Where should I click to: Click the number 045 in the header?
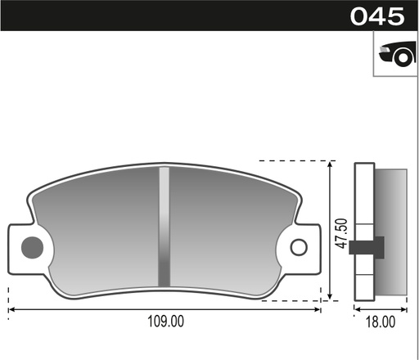tap(377, 16)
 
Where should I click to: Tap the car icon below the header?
tap(396, 54)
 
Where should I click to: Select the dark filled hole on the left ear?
tap(32, 245)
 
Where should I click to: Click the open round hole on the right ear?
tap(298, 246)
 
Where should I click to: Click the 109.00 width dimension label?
tap(165, 322)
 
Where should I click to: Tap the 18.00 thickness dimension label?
tap(381, 322)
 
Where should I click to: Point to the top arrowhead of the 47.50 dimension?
tap(329, 164)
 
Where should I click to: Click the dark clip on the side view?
tap(367, 245)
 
